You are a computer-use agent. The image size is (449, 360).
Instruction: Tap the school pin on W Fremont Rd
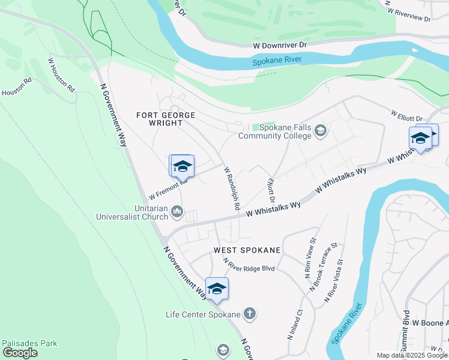[x=182, y=167]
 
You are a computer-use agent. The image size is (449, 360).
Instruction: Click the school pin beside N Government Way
[x=217, y=289]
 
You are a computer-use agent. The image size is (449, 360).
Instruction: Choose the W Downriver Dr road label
[x=280, y=45]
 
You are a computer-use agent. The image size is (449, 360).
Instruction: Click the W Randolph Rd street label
[x=232, y=188]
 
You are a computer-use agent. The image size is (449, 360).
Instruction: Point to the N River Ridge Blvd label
[x=249, y=265]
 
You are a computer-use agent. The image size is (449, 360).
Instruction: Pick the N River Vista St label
[x=334, y=280]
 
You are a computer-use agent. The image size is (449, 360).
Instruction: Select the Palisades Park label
[x=29, y=344]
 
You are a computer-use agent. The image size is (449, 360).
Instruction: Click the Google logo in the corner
[x=20, y=353]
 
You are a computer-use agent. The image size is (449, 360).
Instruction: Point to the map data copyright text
[x=412, y=355]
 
